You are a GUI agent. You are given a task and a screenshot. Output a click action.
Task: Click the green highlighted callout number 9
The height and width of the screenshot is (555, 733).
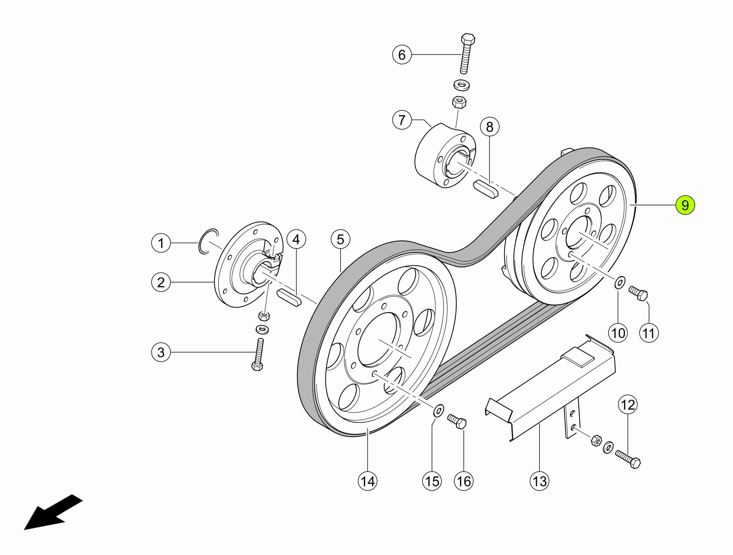point(685,205)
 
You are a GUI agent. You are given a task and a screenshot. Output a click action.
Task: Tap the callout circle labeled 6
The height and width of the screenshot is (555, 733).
point(402,55)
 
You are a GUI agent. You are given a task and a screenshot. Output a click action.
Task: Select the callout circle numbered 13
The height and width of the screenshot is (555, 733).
point(539,481)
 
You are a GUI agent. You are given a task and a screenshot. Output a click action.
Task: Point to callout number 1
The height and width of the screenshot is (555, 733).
point(161,243)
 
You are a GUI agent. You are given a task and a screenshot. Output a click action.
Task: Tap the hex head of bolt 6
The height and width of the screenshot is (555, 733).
point(468,39)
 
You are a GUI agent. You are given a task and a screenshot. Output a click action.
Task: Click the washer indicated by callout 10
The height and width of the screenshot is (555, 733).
point(620,282)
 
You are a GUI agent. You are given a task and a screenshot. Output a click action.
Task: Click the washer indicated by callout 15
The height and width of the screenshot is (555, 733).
point(439,411)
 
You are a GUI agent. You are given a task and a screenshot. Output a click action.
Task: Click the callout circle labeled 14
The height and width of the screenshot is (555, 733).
point(367,481)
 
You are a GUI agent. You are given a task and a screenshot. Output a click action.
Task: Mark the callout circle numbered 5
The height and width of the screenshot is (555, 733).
point(340,239)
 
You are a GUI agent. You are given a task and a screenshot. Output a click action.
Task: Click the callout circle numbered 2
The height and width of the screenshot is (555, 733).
point(161,282)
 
